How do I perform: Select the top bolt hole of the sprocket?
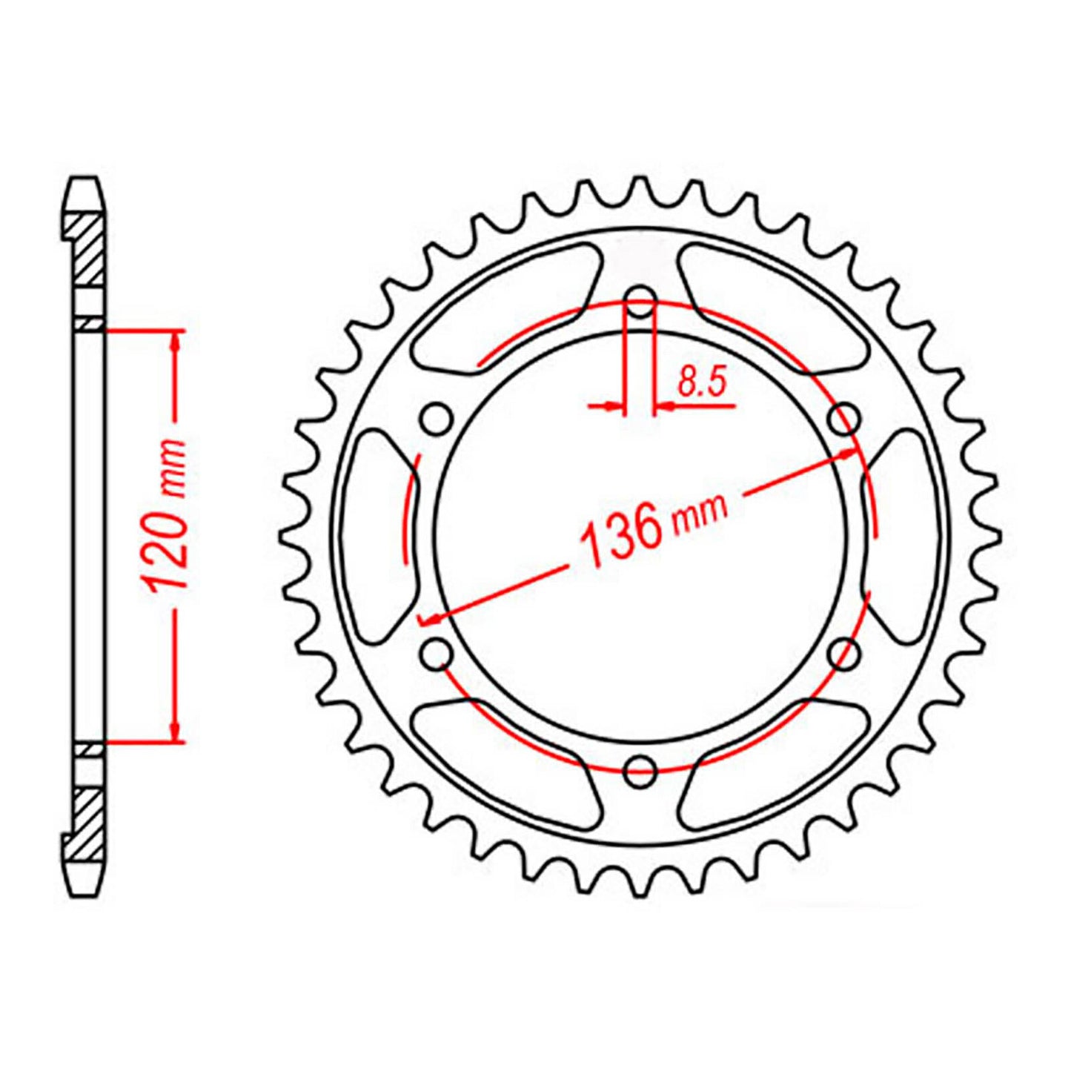641,302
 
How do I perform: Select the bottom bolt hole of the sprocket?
640,770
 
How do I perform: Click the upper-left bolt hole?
437,419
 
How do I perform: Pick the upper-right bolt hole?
844,419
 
